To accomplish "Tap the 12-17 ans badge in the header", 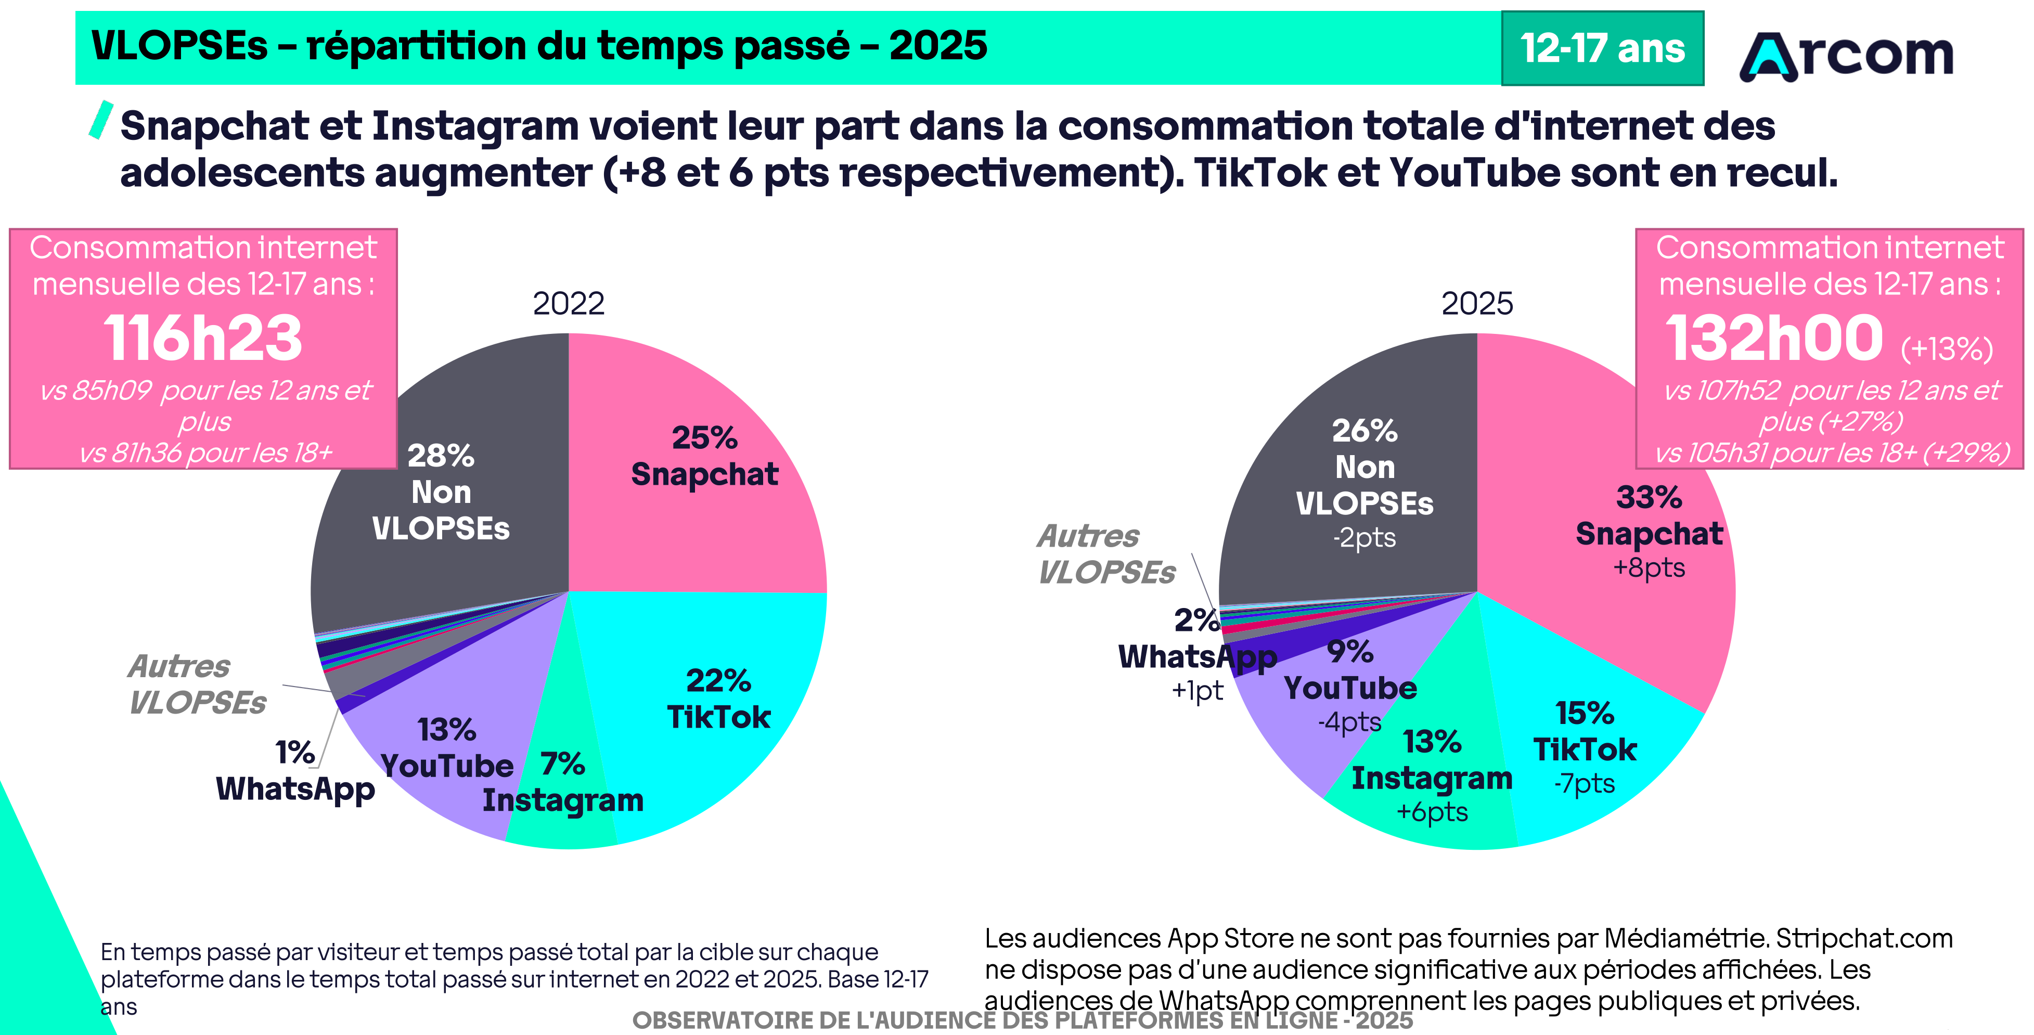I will tap(1602, 48).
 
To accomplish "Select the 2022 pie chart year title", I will tap(569, 303).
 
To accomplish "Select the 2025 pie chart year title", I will tap(1476, 303).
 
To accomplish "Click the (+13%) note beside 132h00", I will tap(1947, 348).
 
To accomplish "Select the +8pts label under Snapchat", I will tap(1649, 567).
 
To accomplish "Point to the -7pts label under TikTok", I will tap(1584, 783).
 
